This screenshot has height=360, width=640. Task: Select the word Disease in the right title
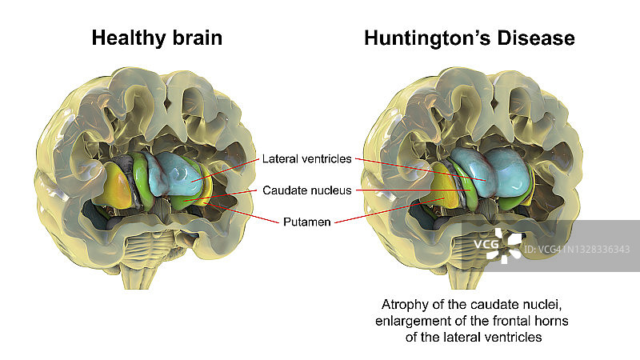coord(542,38)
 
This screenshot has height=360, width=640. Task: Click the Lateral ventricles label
coord(306,159)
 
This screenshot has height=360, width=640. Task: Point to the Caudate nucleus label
coord(305,190)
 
